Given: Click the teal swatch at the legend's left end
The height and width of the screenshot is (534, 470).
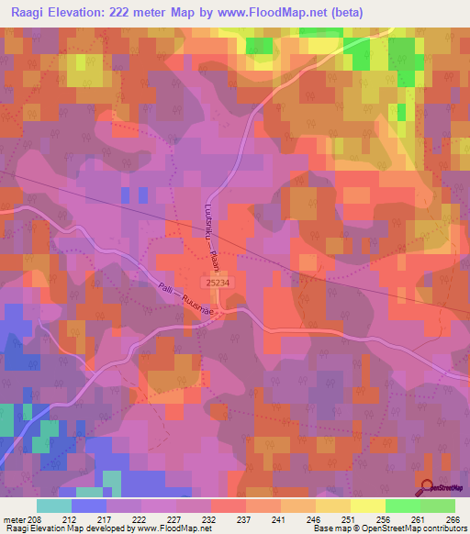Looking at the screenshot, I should click(x=54, y=506).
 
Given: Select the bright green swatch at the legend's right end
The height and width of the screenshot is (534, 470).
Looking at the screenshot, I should click(x=438, y=506).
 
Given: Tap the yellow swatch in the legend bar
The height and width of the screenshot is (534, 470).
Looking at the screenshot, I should click(x=368, y=506).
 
